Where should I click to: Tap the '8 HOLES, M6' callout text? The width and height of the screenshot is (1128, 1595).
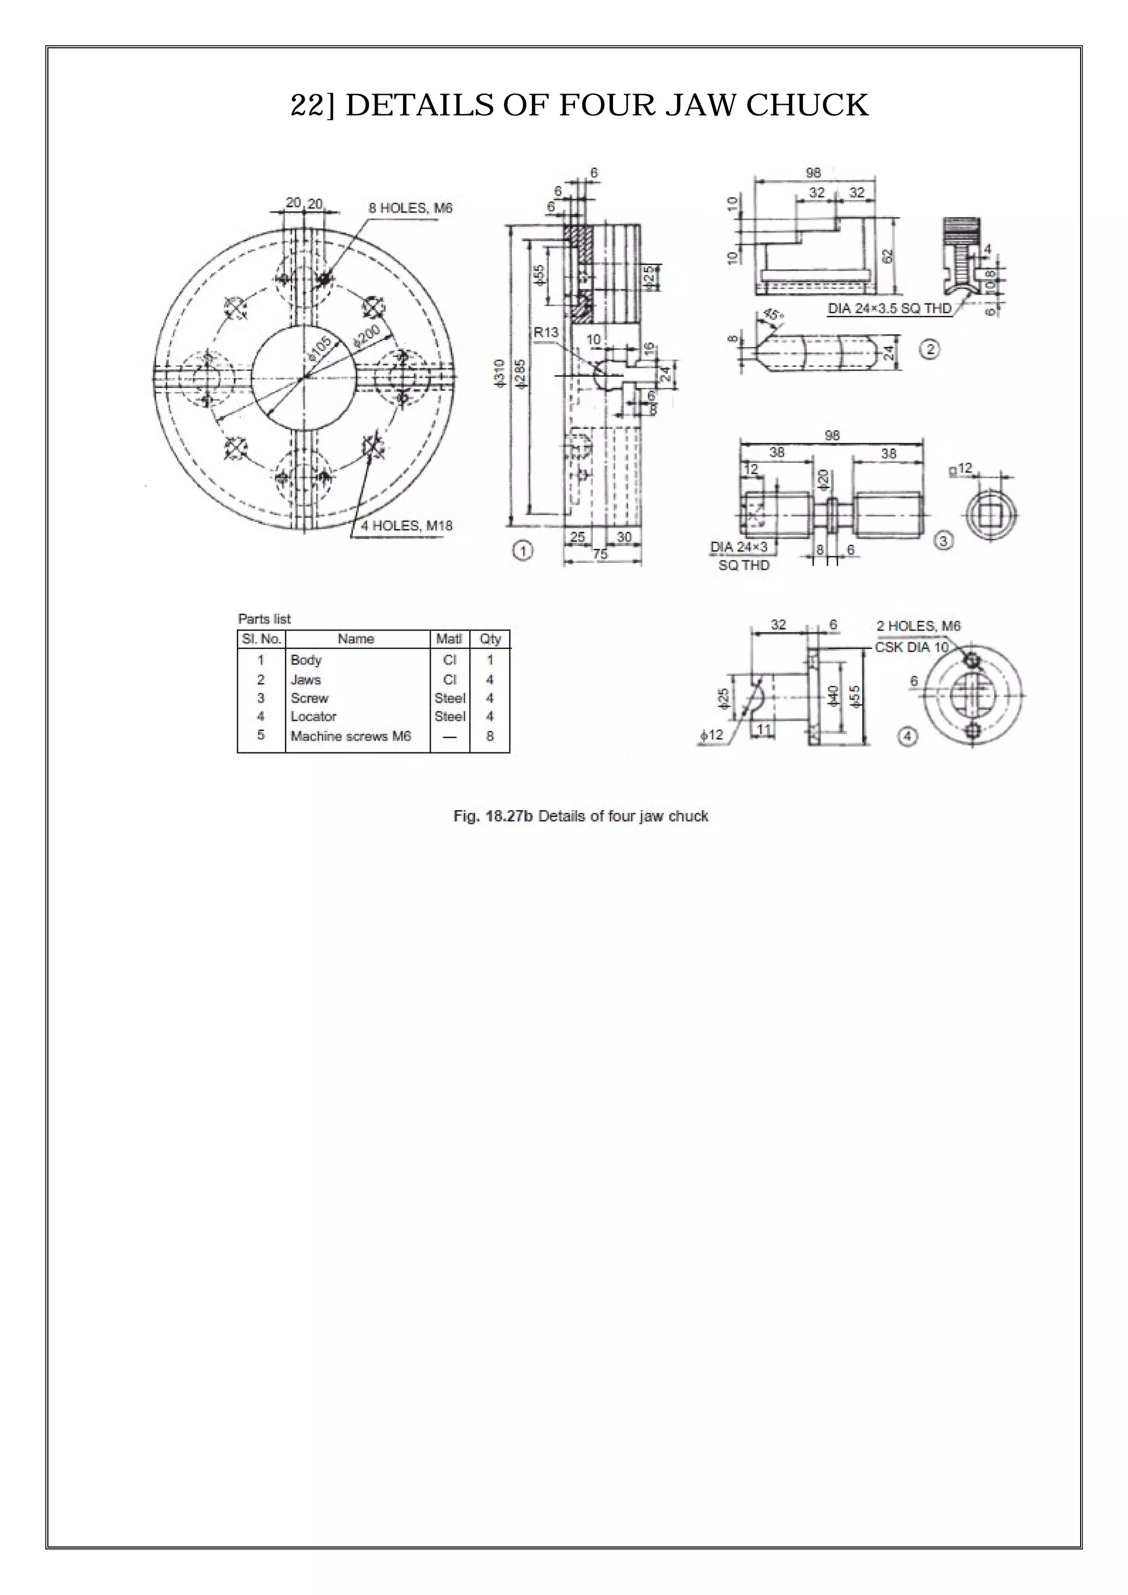pyautogui.click(x=410, y=208)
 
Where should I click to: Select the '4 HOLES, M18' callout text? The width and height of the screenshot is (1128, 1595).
pyautogui.click(x=406, y=526)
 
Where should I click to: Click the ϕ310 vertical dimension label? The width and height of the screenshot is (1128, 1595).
pyautogui.click(x=498, y=375)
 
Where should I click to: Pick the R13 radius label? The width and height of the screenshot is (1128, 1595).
pyautogui.click(x=546, y=333)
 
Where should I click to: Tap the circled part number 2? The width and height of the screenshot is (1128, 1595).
pyautogui.click(x=929, y=349)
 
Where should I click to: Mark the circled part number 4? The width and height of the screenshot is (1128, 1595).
pyautogui.click(x=907, y=736)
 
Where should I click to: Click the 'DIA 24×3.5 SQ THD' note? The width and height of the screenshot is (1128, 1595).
pyautogui.click(x=889, y=308)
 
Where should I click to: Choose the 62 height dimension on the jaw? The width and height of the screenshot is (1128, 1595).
pyautogui.click(x=887, y=256)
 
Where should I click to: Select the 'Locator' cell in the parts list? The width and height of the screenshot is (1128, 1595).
pyautogui.click(x=313, y=716)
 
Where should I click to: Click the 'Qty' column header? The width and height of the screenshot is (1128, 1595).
pyautogui.click(x=490, y=638)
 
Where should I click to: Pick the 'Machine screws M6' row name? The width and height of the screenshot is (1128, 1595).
pyautogui.click(x=351, y=736)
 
